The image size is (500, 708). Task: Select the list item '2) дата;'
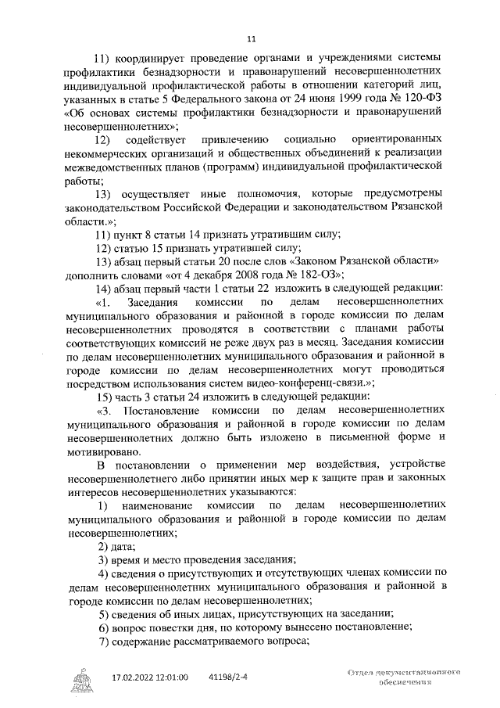[x=116, y=546]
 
